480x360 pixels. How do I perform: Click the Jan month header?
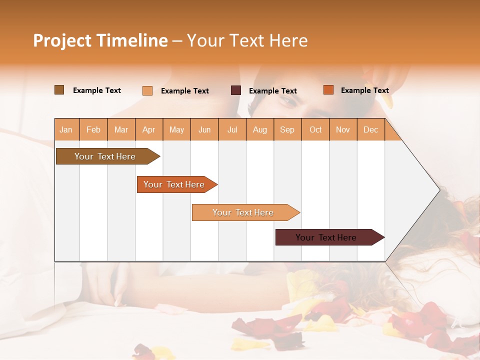click(66, 129)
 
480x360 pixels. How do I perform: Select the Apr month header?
click(148, 129)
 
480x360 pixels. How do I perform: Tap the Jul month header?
click(232, 129)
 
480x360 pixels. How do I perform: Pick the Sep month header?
click(287, 129)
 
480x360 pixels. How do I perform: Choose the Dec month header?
click(370, 129)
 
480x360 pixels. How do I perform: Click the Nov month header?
click(342, 129)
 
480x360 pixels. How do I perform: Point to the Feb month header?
click(93, 129)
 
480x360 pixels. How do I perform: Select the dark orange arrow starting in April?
click(175, 184)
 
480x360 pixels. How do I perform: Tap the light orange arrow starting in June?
click(244, 212)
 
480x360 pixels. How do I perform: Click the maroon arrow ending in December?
click(327, 237)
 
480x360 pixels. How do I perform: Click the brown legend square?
click(59, 90)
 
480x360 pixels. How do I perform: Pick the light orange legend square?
click(147, 90)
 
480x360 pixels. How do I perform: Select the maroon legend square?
click(236, 90)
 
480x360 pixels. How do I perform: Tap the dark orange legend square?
click(328, 90)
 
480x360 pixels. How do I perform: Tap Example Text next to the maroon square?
click(272, 90)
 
